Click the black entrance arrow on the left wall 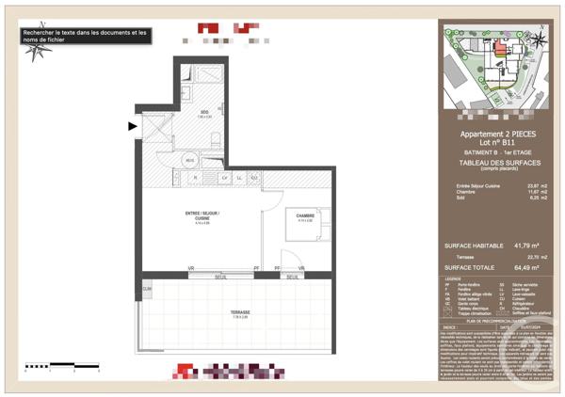[x=133, y=125]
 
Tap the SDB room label [x=203, y=114]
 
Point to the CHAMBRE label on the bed [x=304, y=217]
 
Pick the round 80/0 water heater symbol [x=190, y=159]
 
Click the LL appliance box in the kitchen [x=239, y=177]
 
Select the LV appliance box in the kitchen [x=224, y=177]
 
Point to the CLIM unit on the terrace [x=147, y=288]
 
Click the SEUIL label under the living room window [x=221, y=277]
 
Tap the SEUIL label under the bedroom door [x=293, y=277]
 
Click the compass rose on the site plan [x=539, y=39]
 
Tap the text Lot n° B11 [x=499, y=142]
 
